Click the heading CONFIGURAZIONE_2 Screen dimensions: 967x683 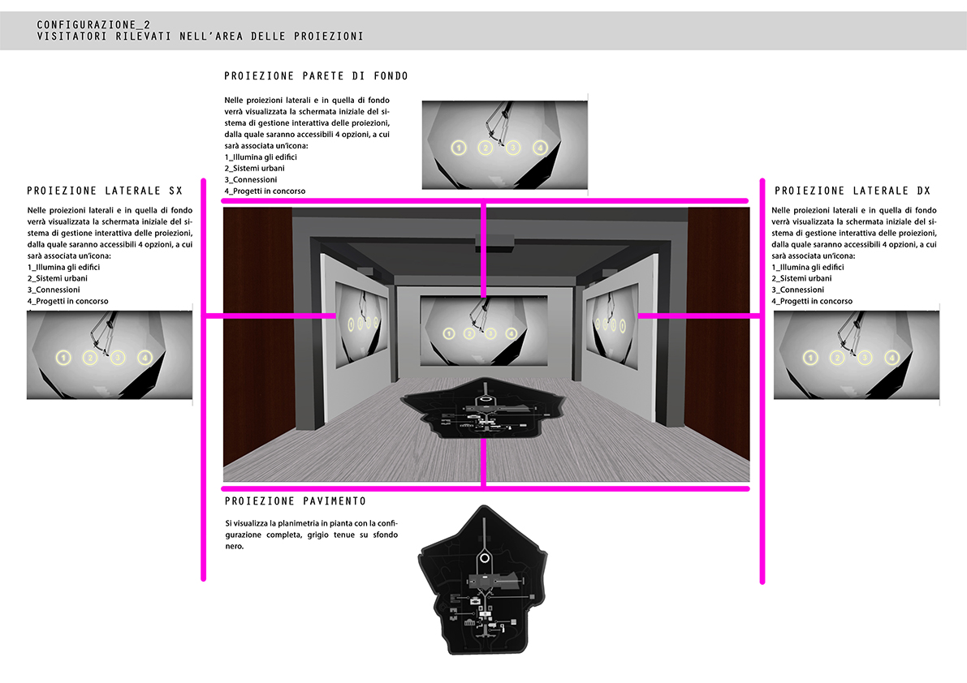coord(93,24)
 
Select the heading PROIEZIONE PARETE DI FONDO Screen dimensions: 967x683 coord(316,75)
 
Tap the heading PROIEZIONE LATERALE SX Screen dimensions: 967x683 coord(105,191)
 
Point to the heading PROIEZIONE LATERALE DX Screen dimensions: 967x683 coord(853,191)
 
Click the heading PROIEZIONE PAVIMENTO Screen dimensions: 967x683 coord(296,501)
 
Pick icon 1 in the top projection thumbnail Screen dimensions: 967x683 coord(458,148)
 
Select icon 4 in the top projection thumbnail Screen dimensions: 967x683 coord(540,148)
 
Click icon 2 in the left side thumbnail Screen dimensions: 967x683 coord(90,357)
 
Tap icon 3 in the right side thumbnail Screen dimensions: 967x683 coord(865,357)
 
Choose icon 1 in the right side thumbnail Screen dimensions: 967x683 coord(810,357)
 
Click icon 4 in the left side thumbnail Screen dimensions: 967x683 coord(145,357)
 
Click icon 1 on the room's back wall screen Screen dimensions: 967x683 coord(449,334)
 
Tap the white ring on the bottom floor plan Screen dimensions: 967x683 coord(485,558)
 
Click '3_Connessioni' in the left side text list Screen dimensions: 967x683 coord(54,290)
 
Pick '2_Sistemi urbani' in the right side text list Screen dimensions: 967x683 coord(801,278)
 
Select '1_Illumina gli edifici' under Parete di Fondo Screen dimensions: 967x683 coord(261,157)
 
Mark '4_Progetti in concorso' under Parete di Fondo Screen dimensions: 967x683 coord(265,191)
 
